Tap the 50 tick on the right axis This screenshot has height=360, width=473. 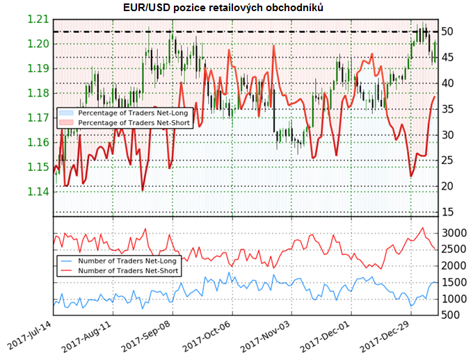point(449,32)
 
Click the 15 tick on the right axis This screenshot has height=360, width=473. point(449,212)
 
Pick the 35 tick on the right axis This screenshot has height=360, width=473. point(449,109)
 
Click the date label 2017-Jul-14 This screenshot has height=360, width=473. point(31,336)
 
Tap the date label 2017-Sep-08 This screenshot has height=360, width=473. point(148,336)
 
